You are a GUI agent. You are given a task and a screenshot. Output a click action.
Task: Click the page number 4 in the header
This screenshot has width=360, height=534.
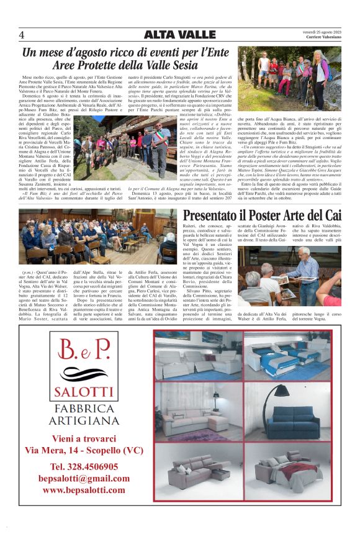(22, 35)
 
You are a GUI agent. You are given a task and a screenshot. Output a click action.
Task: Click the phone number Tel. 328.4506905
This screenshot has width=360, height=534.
(83, 466)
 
